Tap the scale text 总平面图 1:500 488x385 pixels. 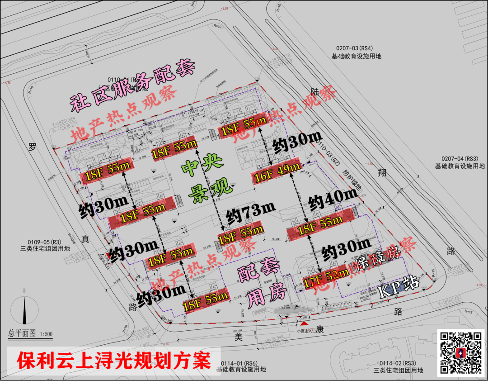click(30, 334)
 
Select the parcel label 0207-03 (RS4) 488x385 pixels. click(356, 52)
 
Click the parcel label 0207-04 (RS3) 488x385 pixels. click(460, 162)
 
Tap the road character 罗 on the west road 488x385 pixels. click(31, 147)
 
